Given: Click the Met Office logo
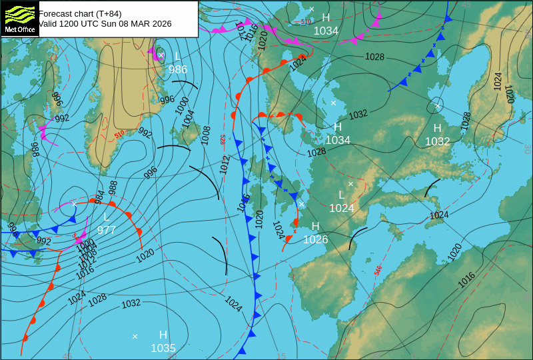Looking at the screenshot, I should pos(19,18).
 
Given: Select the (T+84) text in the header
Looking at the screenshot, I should pos(107,13).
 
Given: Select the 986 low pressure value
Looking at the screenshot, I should pos(178,69).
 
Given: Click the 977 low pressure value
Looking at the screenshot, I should pos(107,230).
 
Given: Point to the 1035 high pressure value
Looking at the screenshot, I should pos(163,348).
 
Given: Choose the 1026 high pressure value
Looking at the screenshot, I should pos(316,239).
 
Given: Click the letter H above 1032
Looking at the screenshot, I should pos(438,128).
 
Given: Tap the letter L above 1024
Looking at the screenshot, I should pos(342,195).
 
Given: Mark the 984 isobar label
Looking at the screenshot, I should pos(100,197).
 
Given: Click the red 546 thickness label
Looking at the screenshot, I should pos(378,271).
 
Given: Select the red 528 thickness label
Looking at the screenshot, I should pos(223,139).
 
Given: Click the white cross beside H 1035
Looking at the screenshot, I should pos(135,336).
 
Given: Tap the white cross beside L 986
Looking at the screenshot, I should pos(161,55).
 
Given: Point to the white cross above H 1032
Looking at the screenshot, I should pos(438,106).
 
